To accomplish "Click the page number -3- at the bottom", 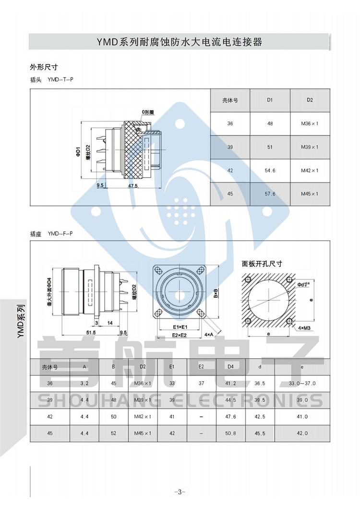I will pyautogui.click(x=180, y=492).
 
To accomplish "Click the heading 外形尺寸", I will pyautogui.click(x=44, y=67).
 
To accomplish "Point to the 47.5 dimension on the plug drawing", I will pyautogui.click(x=133, y=185).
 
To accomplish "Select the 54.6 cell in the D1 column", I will pyautogui.click(x=270, y=170).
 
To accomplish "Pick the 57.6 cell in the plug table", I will pyautogui.click(x=270, y=194).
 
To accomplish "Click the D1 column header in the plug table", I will pyautogui.click(x=270, y=100).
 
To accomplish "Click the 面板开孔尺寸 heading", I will pyautogui.click(x=262, y=264).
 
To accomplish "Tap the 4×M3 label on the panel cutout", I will pyautogui.click(x=304, y=327).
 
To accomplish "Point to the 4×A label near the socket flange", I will pyautogui.click(x=209, y=334).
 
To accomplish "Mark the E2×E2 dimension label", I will pyautogui.click(x=179, y=335).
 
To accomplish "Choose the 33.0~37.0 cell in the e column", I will pyautogui.click(x=302, y=383).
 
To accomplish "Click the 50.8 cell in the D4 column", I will pyautogui.click(x=231, y=433).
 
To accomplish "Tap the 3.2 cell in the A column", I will pyautogui.click(x=84, y=383).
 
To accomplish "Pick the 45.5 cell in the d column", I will pyautogui.click(x=260, y=433).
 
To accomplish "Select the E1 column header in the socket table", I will pyautogui.click(x=172, y=367).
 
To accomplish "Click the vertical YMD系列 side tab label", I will pyautogui.click(x=20, y=321).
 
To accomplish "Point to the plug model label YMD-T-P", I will pyautogui.click(x=60, y=79).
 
